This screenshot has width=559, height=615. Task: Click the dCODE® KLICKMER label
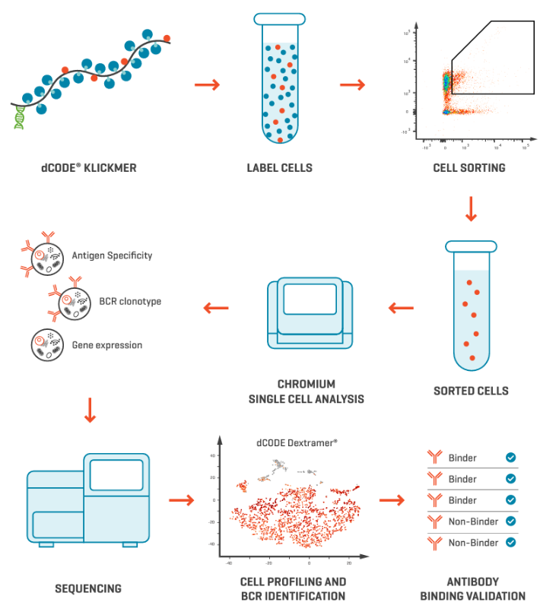[x=89, y=167]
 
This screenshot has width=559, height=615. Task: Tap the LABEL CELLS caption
[x=279, y=167]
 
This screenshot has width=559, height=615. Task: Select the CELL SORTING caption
[x=469, y=167]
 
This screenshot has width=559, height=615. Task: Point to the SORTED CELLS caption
[x=471, y=391]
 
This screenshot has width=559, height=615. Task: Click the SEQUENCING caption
[x=88, y=588]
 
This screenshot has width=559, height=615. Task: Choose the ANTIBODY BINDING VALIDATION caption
[x=472, y=588]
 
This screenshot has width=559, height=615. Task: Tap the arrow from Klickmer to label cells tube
[x=207, y=84]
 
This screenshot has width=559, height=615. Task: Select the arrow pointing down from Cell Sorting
[x=470, y=209]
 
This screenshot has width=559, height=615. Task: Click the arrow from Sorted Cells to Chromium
[x=401, y=308]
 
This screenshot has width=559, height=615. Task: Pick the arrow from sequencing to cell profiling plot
[x=181, y=500]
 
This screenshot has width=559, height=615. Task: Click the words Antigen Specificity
[x=112, y=255]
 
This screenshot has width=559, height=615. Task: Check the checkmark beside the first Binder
[x=511, y=458]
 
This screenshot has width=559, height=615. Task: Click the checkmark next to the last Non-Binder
[x=511, y=543]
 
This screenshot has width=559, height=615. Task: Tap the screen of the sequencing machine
[x=116, y=475]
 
